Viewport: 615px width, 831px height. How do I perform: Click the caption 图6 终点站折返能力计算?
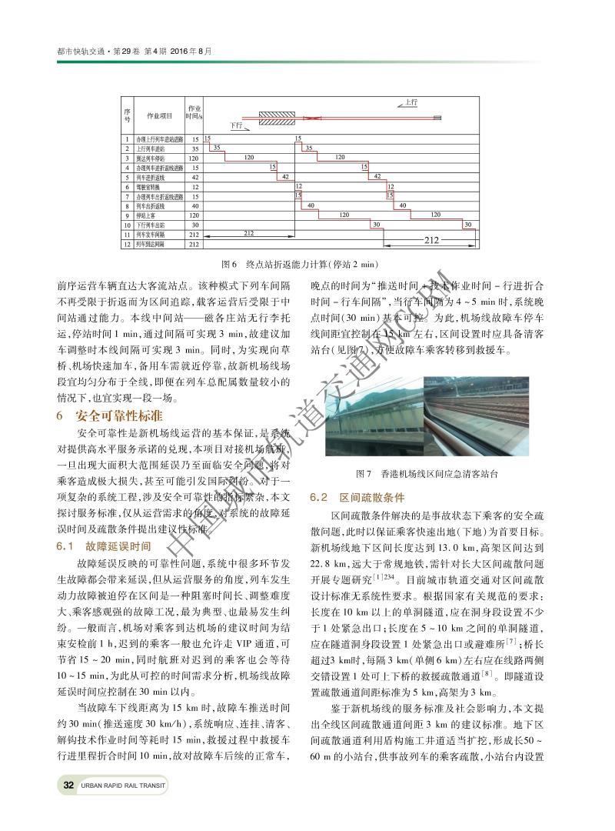[x=307, y=262]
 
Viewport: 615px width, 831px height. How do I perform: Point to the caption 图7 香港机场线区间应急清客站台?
[x=423, y=472]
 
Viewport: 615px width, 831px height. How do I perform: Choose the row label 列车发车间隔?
[x=151, y=234]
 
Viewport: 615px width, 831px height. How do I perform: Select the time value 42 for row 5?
[x=195, y=177]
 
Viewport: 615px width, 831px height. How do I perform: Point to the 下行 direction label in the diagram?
[x=237, y=125]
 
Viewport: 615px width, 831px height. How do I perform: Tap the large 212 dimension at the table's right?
[x=431, y=241]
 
